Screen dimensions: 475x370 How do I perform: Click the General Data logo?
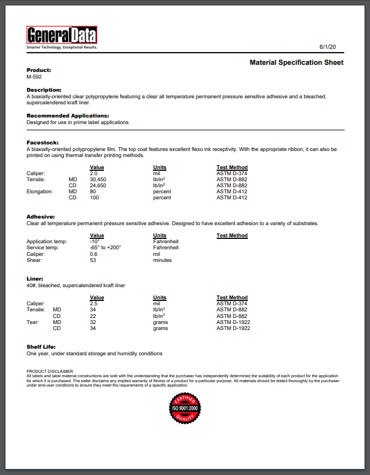point(62,36)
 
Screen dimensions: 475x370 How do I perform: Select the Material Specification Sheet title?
point(296,63)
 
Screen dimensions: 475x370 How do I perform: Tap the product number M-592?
point(34,77)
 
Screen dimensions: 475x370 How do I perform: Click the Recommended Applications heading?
point(68,116)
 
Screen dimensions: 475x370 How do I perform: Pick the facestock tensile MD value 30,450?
point(98,180)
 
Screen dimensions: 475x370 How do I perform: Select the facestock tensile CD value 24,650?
point(98,186)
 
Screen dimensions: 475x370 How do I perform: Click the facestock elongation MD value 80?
point(93,192)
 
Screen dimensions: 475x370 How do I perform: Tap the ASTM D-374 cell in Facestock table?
point(232,174)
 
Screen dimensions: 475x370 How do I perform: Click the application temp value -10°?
point(95,242)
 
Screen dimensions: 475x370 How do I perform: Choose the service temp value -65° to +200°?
point(105,248)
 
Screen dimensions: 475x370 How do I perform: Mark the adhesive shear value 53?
point(93,260)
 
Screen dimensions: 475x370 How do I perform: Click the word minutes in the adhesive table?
point(162,260)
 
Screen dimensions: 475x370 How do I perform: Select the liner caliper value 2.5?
point(93,304)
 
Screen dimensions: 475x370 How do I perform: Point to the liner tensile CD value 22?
point(93,316)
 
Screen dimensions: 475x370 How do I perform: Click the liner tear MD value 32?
point(93,322)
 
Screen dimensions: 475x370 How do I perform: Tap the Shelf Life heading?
point(41,347)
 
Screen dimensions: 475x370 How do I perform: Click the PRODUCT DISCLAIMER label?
point(49,372)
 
